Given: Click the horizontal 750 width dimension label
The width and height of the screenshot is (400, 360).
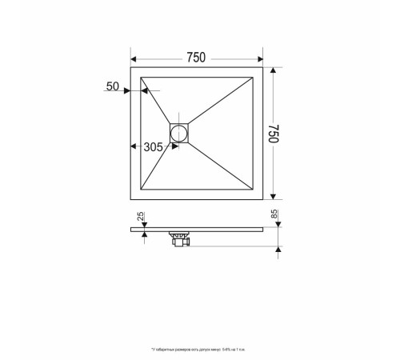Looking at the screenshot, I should click(x=196, y=58).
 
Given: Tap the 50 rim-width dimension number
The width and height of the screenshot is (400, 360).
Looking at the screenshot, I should click(x=113, y=86).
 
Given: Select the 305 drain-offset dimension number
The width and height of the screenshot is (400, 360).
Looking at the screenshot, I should click(x=153, y=147).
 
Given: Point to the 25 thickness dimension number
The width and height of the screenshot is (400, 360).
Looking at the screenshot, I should click(x=141, y=217).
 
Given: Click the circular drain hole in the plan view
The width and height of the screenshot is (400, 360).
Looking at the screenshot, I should click(x=180, y=132).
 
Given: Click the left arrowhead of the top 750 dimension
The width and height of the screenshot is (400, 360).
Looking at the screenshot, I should click(x=134, y=58).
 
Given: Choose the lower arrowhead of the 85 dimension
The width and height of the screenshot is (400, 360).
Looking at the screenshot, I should click(x=278, y=250).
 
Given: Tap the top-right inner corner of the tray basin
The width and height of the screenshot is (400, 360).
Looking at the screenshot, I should click(x=253, y=77).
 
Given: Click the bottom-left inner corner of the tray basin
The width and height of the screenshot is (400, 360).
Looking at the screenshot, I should click(x=141, y=189).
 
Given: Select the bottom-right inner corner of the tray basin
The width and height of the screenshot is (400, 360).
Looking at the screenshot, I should click(x=253, y=189).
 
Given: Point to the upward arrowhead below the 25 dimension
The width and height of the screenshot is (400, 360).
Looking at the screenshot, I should click(x=143, y=234).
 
